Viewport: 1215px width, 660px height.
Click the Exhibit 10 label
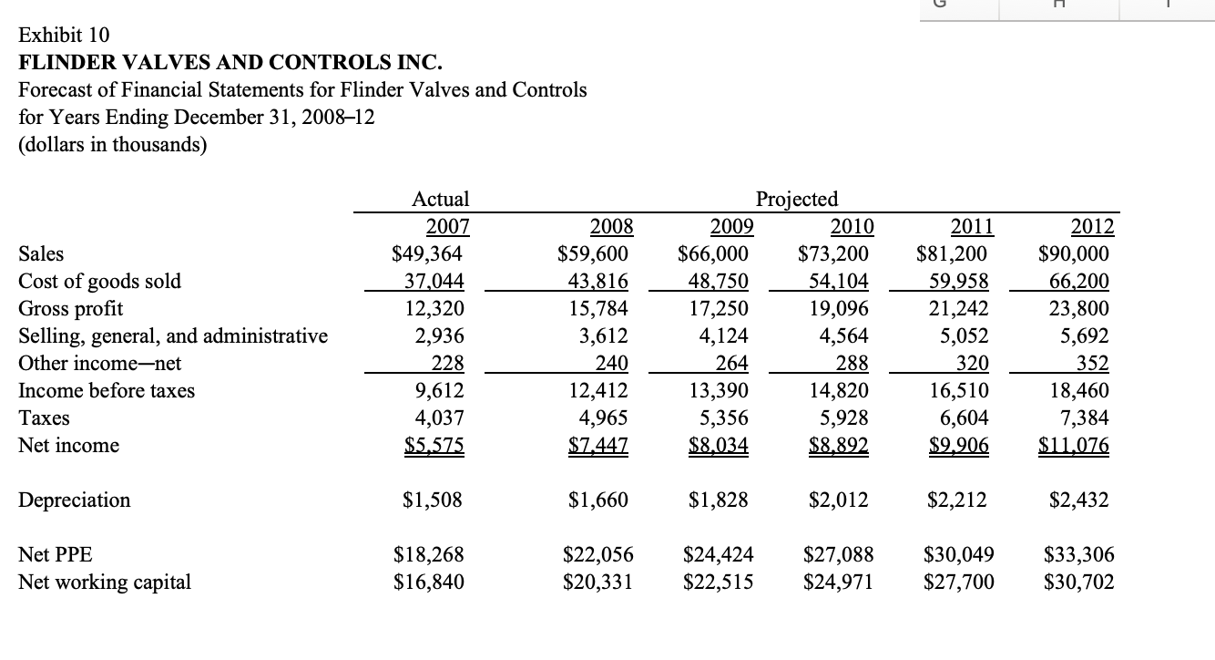point(64,36)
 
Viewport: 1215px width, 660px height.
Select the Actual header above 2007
point(441,199)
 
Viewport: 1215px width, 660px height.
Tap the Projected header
point(797,199)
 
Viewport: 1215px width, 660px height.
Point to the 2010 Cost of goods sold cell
point(838,281)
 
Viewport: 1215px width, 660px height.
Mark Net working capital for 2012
point(1078,583)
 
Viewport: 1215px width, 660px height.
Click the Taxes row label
point(45,418)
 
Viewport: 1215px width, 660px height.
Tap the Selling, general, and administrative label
point(173,335)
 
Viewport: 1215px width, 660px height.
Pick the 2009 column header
point(726,226)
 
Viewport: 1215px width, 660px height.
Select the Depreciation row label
point(75,500)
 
